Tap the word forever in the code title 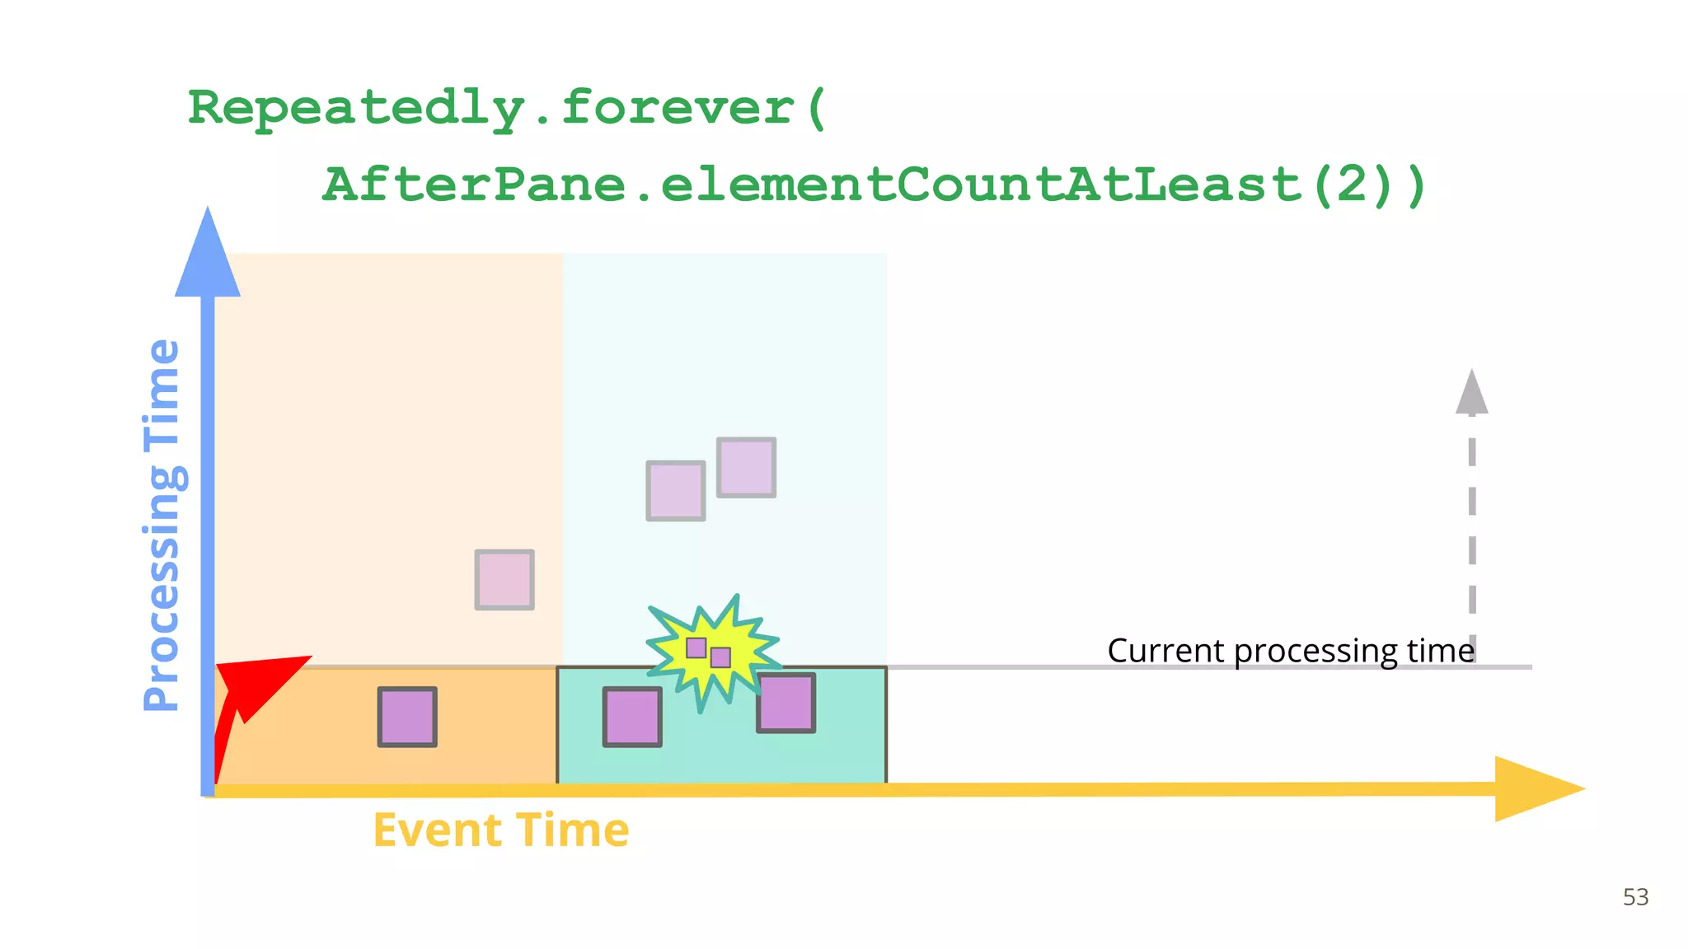pyautogui.click(x=677, y=109)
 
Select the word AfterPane pyautogui.click(x=473, y=185)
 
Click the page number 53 pyautogui.click(x=1635, y=897)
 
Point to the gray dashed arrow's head pyautogui.click(x=1472, y=394)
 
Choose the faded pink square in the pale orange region pyautogui.click(x=504, y=580)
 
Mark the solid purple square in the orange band pyautogui.click(x=407, y=717)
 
